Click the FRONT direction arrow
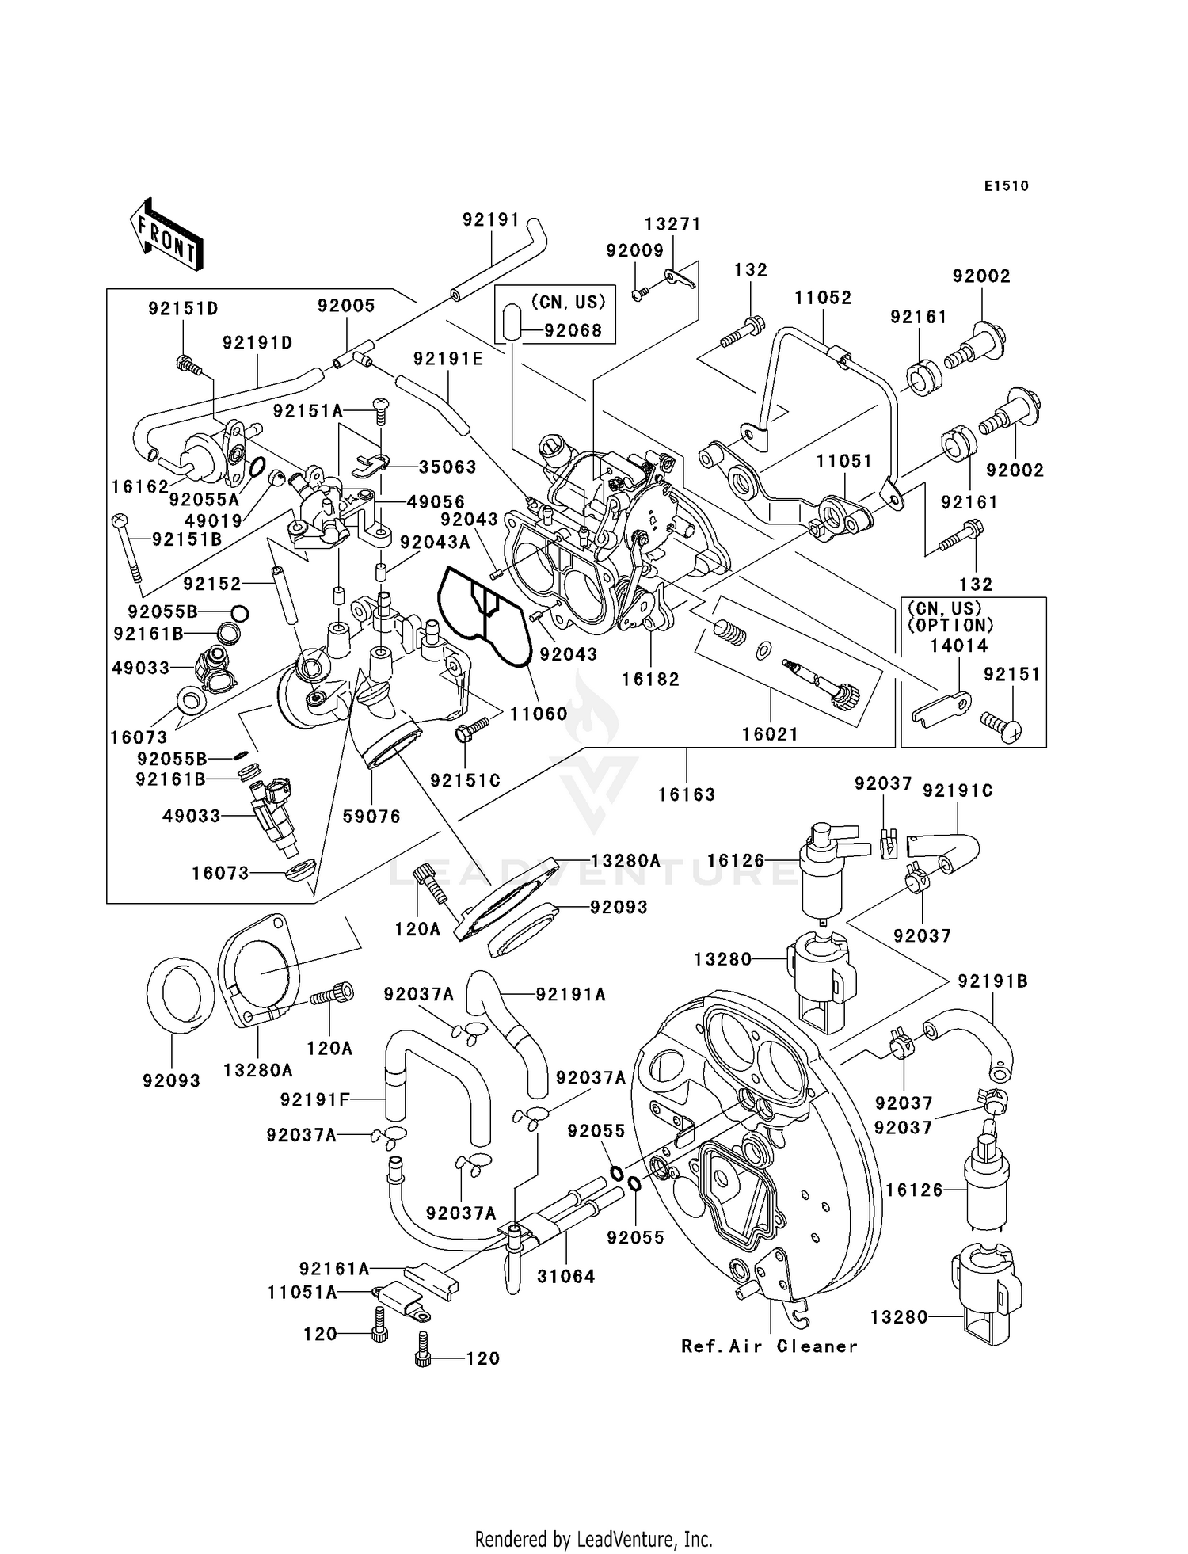pyautogui.click(x=166, y=235)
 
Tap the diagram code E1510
pyautogui.click(x=1006, y=186)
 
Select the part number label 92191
pyautogui.click(x=491, y=219)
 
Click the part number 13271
pyautogui.click(x=672, y=225)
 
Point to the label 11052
pyautogui.click(x=823, y=298)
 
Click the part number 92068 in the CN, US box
pyautogui.click(x=573, y=330)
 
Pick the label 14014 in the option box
pyautogui.click(x=958, y=646)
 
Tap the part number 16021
pyautogui.click(x=770, y=733)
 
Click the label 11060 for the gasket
pyautogui.click(x=538, y=713)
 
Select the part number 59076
pyautogui.click(x=371, y=816)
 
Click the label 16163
pyautogui.click(x=686, y=794)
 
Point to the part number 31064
pyautogui.click(x=565, y=1276)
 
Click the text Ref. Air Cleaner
pyautogui.click(x=769, y=1346)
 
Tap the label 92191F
pyautogui.click(x=314, y=1099)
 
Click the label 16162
pyautogui.click(x=140, y=486)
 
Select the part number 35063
pyautogui.click(x=447, y=467)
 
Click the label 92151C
pyautogui.click(x=465, y=780)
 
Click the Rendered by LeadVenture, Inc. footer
pyautogui.click(x=593, y=1539)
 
